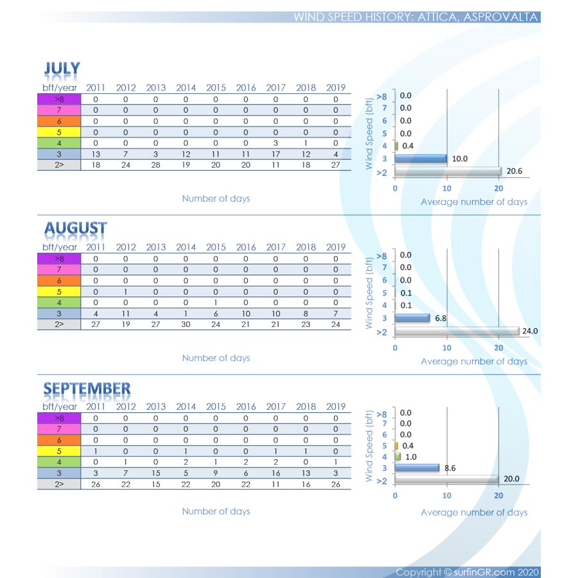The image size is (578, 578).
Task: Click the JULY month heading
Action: coord(62,69)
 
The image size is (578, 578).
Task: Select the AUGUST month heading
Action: coord(75,228)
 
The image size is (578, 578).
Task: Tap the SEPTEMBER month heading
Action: coord(87,388)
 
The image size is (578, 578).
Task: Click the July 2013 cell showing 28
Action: coord(155,164)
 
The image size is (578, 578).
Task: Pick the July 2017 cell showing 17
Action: coord(276,153)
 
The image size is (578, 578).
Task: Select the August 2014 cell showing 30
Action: coord(186,324)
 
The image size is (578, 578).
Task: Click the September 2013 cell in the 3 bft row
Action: coord(155,473)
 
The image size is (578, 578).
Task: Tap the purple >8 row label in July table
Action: coord(59,99)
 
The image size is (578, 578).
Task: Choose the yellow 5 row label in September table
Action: coord(59,451)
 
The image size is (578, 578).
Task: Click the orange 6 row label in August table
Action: coord(59,281)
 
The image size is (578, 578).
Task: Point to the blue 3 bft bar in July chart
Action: coord(421,158)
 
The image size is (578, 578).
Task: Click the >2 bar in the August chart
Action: coord(457,331)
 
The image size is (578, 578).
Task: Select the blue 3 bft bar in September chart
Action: coord(417,468)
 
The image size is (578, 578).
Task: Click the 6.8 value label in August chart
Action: coord(442,318)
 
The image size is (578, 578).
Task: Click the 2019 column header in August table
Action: coord(335,247)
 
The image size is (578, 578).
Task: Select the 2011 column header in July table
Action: coord(96,88)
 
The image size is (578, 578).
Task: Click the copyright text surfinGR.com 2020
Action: coord(468,572)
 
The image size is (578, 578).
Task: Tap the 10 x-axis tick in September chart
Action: coord(446,495)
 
